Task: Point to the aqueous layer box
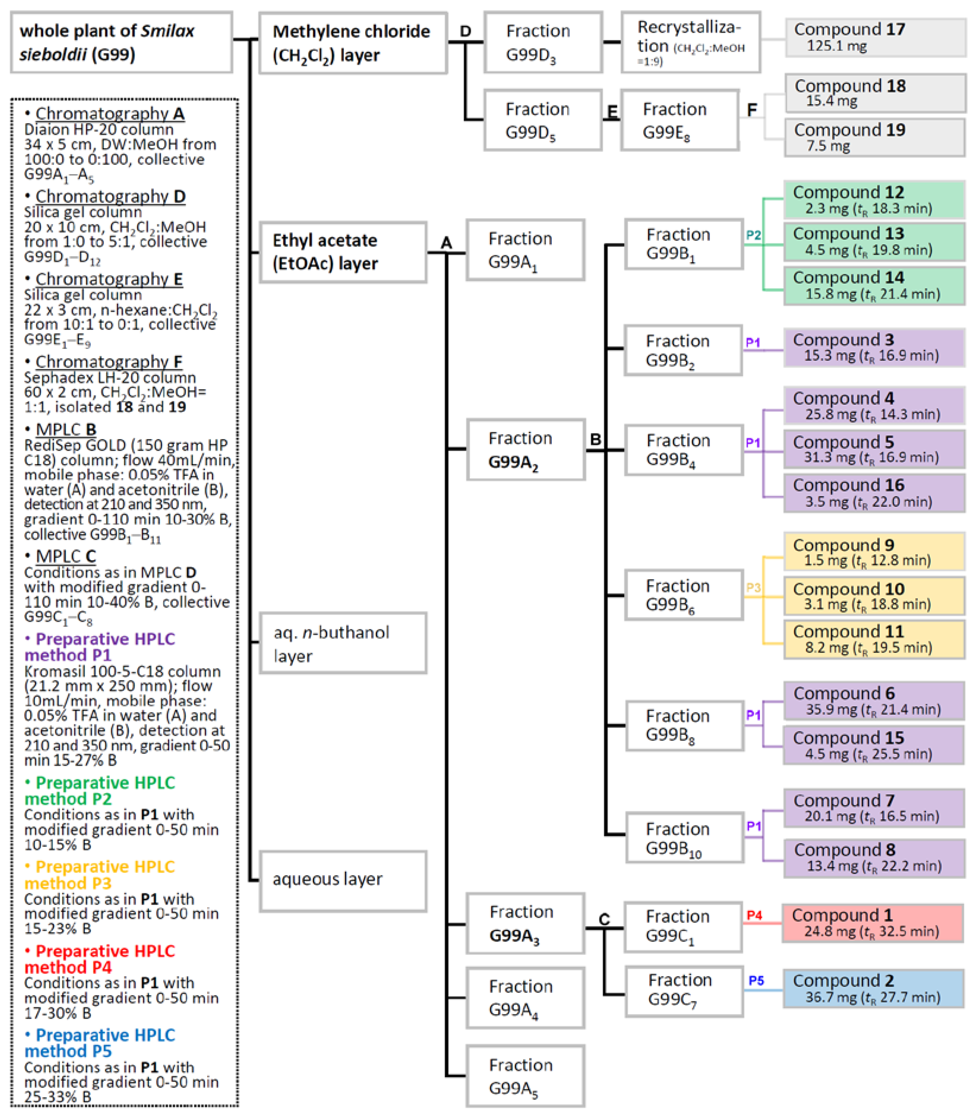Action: [343, 881]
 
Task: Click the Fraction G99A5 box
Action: [525, 1076]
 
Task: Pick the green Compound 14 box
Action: [873, 285]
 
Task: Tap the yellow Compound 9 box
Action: [873, 552]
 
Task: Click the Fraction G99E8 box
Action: [679, 120]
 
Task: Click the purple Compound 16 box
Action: [873, 493]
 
